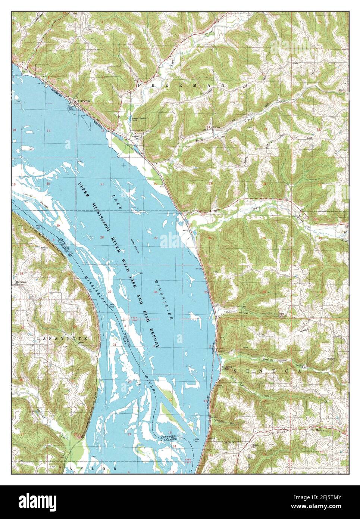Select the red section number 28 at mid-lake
[x=102, y=237]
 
